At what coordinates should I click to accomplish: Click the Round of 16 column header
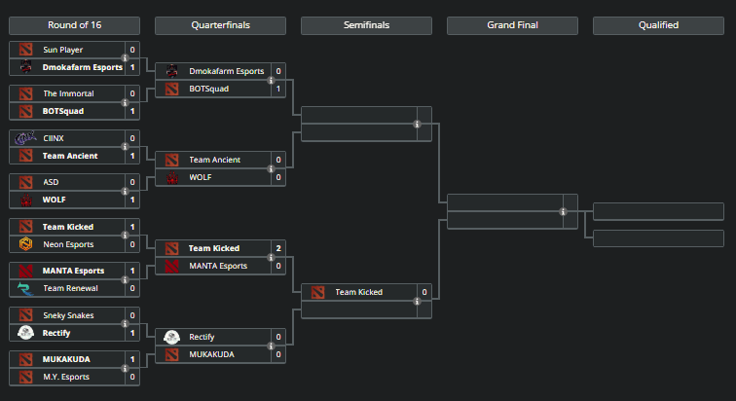[x=74, y=25]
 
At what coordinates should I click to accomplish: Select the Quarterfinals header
[x=220, y=25]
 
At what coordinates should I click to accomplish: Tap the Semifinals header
[x=366, y=25]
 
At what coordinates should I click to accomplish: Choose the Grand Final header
[x=512, y=25]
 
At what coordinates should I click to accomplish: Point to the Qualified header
[x=658, y=25]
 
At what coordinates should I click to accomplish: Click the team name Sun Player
[x=63, y=50]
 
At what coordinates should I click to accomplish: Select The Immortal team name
[x=68, y=93]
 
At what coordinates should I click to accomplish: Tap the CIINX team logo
[x=25, y=138]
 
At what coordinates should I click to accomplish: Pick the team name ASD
[x=51, y=182]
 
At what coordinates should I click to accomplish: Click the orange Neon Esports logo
[x=25, y=244]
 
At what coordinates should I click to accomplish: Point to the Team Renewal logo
[x=25, y=288]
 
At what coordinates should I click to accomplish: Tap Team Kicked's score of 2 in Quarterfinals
[x=278, y=248]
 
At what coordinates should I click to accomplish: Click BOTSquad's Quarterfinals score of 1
[x=278, y=89]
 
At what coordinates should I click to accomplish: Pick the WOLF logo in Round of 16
[x=25, y=200]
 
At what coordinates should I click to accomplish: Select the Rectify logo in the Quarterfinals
[x=171, y=337]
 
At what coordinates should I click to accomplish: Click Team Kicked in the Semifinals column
[x=358, y=292]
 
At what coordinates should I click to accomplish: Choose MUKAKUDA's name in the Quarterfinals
[x=211, y=354]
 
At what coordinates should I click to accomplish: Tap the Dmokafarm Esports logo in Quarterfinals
[x=171, y=71]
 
